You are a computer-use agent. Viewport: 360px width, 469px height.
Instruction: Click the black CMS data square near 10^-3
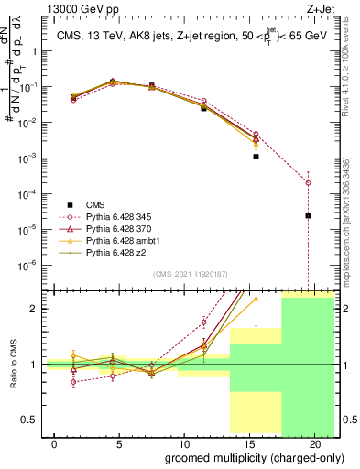tap(256, 157)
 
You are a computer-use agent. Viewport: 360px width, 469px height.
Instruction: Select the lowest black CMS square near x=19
tap(308, 216)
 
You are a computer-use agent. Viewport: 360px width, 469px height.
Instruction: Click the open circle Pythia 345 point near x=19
tap(308, 182)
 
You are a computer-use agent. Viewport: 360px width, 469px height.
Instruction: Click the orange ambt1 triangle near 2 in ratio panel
tap(256, 298)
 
